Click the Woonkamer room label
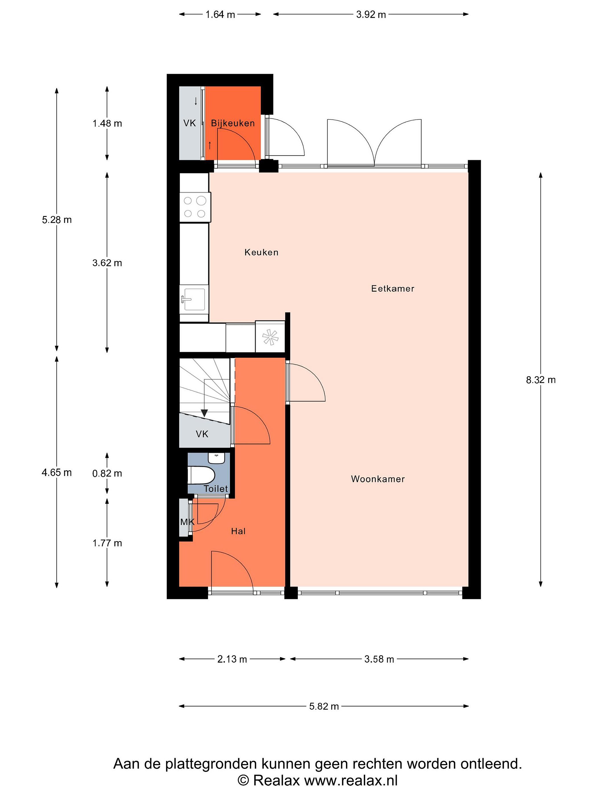coord(378,479)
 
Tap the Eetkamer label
coord(392,288)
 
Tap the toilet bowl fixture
coord(201,475)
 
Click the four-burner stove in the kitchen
coord(195,207)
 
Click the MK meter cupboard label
coord(187,522)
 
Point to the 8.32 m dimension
coord(541,380)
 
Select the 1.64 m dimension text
coord(220,14)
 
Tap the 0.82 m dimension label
coord(107,473)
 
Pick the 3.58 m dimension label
coord(379,659)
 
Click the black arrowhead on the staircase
coord(204,413)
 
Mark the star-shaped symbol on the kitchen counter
coord(270,337)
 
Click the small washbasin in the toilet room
coord(216,458)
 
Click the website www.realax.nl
coord(351,781)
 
